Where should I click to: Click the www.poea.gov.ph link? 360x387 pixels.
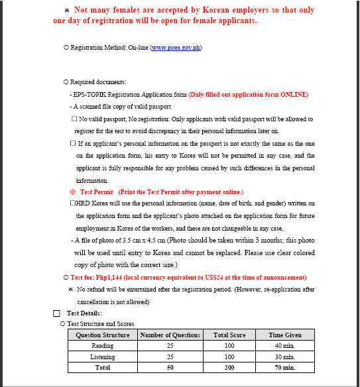point(176,48)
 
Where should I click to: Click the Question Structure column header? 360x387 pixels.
point(103,335)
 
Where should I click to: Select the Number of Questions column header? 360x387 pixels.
point(169,335)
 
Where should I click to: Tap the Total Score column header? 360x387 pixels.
point(229,335)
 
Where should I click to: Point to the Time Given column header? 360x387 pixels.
point(284,335)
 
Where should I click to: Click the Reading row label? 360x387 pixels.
point(103,346)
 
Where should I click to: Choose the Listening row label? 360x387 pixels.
point(103,357)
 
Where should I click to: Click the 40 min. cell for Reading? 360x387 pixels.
point(284,346)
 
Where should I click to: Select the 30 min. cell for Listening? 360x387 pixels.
point(284,357)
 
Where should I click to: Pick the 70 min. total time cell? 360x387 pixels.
point(284,366)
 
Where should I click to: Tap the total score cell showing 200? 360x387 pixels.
point(229,366)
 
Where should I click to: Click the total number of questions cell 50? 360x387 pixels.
point(169,366)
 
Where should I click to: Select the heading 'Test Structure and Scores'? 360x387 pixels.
point(101,323)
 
